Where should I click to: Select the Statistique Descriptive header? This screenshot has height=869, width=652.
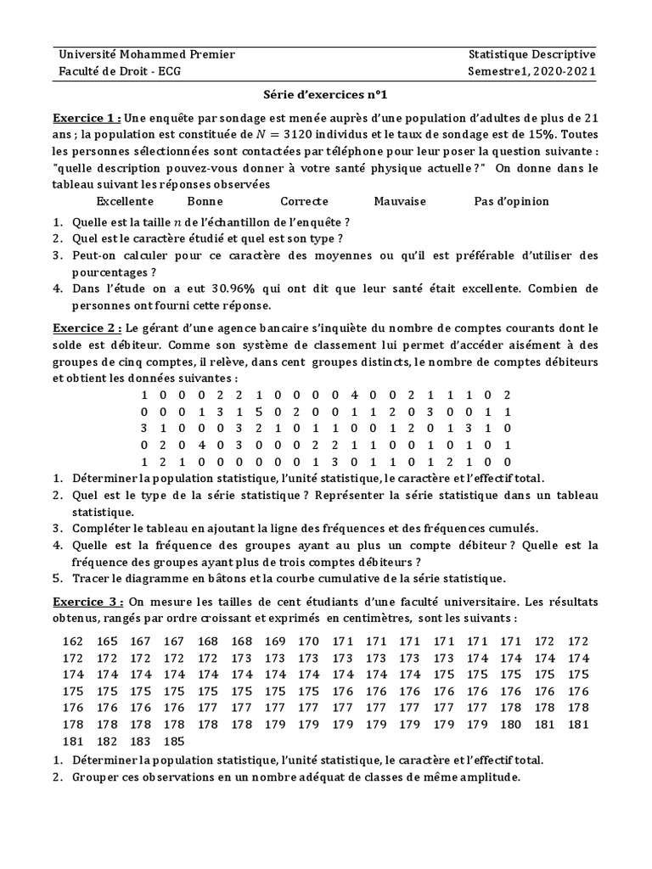[531, 55]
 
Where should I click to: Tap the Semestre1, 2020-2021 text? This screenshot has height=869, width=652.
[531, 71]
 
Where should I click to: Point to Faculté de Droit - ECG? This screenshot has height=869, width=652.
[118, 71]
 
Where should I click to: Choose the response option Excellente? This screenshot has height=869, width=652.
[125, 201]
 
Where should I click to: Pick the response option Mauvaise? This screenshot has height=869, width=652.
[399, 201]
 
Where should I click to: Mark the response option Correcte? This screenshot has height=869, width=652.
[304, 201]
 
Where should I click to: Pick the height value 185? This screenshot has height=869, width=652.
[174, 741]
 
